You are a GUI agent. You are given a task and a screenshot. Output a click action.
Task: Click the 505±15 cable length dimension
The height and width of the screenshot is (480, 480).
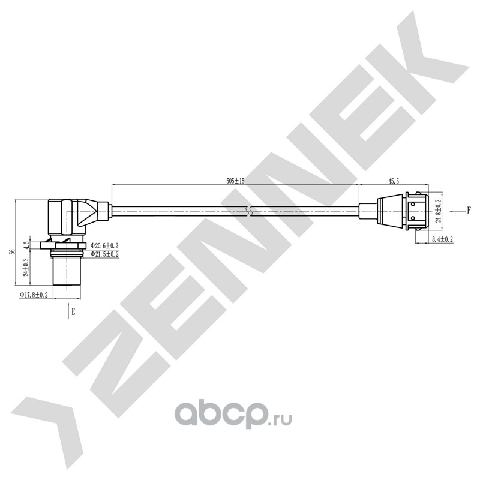tap(235, 181)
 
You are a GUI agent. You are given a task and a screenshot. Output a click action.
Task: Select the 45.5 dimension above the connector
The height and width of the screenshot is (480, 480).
tap(394, 181)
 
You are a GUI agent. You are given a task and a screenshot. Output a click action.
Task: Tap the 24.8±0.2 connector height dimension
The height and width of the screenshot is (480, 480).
tap(439, 211)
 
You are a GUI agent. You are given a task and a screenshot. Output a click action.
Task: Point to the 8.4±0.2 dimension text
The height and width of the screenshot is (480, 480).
tap(442, 239)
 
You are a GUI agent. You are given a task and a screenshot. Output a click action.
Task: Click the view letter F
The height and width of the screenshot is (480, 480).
tap(469, 210)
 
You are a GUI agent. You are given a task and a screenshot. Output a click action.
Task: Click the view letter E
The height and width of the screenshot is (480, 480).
tap(73, 312)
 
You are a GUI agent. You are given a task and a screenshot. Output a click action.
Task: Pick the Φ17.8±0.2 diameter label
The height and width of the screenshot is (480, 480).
tap(34, 295)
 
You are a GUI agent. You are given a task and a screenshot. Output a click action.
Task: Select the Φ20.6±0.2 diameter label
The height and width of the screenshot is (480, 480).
tap(104, 245)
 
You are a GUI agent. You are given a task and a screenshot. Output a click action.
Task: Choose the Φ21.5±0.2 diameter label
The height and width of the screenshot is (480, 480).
tap(104, 254)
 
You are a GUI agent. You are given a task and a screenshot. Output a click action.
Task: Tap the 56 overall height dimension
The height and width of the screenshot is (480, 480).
tap(12, 251)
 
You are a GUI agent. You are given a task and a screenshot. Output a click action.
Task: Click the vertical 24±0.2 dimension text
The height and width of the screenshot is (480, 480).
tap(26, 267)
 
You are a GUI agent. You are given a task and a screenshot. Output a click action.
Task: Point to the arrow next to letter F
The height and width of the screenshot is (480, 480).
tap(456, 211)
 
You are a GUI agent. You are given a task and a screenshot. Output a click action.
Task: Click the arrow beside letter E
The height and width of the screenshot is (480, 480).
tap(68, 311)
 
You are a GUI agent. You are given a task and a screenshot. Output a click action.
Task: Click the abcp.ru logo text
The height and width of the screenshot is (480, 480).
tap(233, 415)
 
